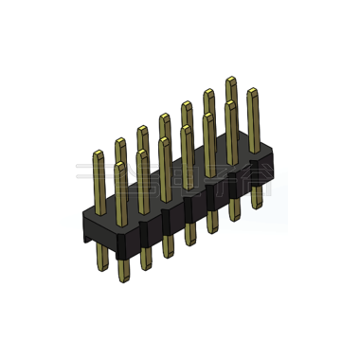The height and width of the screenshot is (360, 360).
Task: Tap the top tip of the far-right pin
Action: (x=253, y=91)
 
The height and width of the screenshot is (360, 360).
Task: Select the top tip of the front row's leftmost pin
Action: (x=121, y=163)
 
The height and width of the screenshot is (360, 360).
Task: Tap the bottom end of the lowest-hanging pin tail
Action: (x=122, y=280)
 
